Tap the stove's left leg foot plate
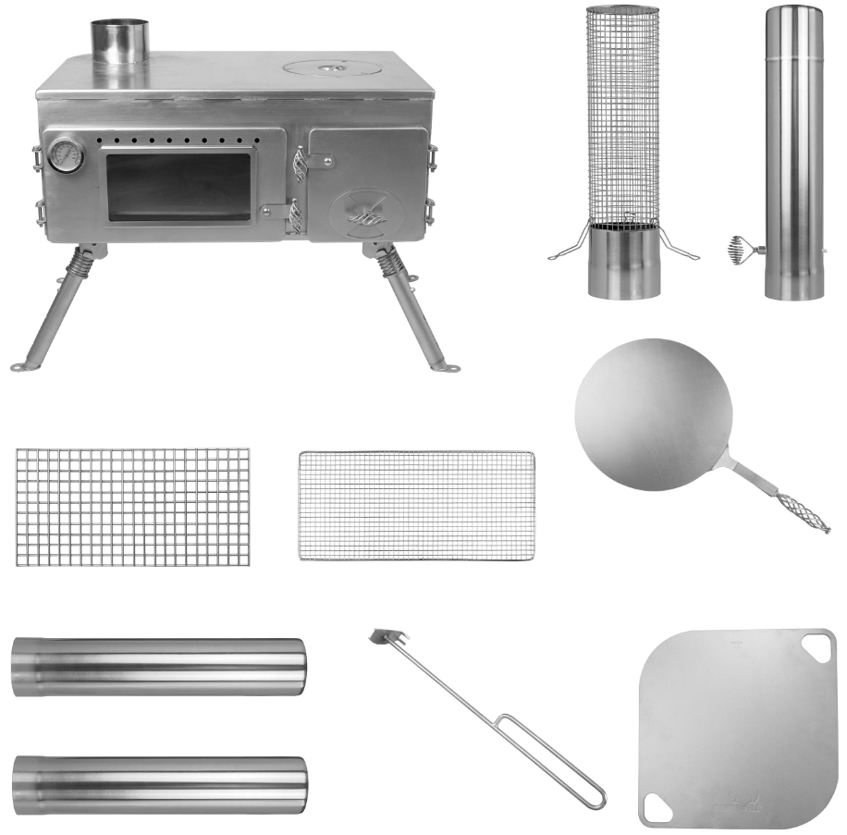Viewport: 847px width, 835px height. point(21,366)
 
